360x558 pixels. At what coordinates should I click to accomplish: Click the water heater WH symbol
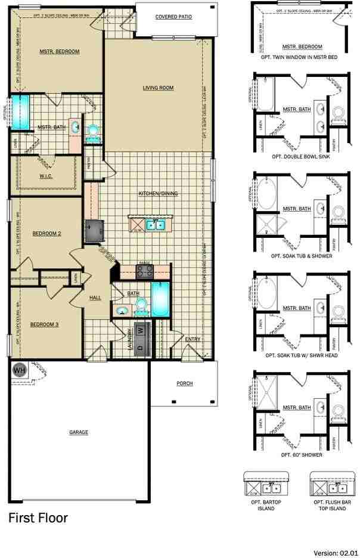tap(19, 370)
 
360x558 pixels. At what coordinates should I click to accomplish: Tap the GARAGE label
tap(79, 432)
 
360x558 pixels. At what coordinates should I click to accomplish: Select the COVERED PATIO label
tap(173, 17)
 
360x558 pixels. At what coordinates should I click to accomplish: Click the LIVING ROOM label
tap(158, 88)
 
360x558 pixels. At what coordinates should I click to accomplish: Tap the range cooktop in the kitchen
tap(144, 272)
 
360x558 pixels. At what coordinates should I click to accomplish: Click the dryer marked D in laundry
tap(141, 347)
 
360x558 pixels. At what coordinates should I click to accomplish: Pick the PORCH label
tap(184, 383)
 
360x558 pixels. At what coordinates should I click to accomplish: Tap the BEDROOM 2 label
tap(46, 234)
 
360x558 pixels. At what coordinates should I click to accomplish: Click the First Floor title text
tap(38, 517)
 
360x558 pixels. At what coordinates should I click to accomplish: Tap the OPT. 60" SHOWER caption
tap(301, 455)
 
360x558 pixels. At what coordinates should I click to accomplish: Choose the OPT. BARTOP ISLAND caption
tap(266, 506)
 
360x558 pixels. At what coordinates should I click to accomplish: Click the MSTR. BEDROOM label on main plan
tap(60, 52)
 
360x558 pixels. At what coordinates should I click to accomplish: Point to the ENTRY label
tap(193, 339)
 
